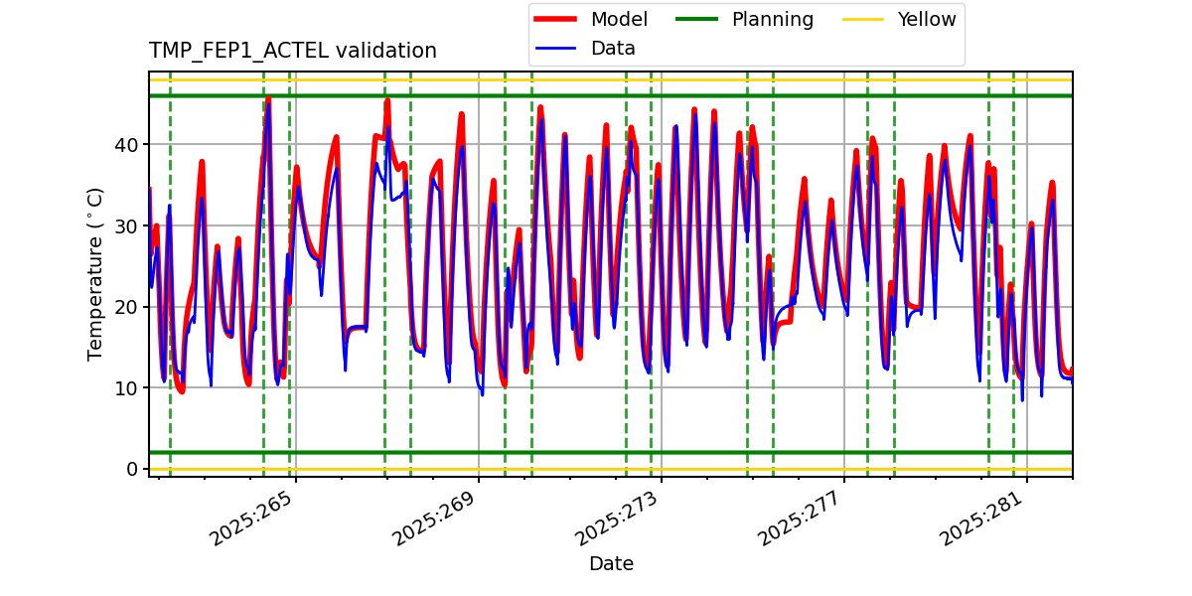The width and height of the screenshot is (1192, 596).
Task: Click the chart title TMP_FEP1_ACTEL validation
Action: (x=292, y=51)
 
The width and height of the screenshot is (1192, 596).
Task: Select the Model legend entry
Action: (x=619, y=20)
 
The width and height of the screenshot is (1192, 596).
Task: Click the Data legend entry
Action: (x=613, y=48)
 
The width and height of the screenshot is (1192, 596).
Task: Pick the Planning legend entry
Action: (x=772, y=20)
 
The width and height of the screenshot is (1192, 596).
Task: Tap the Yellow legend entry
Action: (x=926, y=20)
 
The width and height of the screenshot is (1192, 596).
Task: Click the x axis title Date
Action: (x=611, y=564)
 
